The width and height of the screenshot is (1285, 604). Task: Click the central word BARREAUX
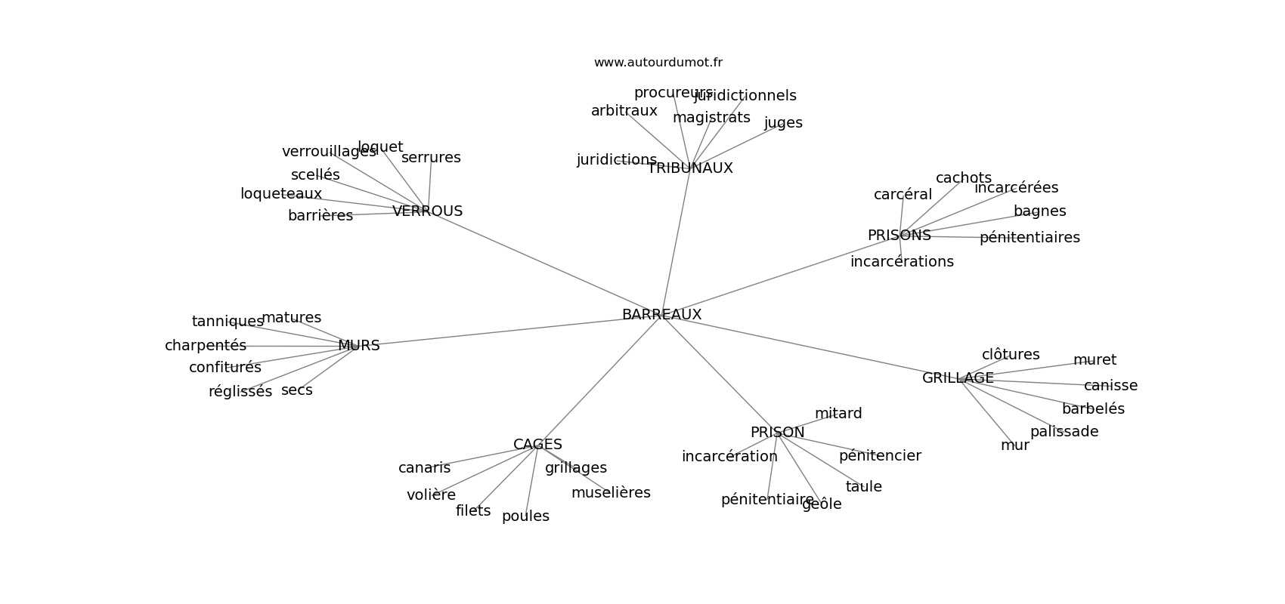click(x=661, y=314)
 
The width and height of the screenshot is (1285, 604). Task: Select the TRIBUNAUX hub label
click(x=689, y=168)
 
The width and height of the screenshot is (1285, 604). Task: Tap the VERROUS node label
click(x=427, y=211)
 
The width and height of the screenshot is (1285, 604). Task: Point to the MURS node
click(x=358, y=346)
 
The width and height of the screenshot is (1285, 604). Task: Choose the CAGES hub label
click(x=537, y=445)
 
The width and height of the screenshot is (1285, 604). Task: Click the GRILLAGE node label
click(x=958, y=378)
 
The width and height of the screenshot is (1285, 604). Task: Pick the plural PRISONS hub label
click(x=899, y=236)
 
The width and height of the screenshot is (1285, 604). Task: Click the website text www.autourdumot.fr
click(x=658, y=63)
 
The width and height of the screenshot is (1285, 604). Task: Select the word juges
click(x=783, y=123)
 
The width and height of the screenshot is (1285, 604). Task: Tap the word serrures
click(x=431, y=158)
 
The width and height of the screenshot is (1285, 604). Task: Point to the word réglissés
click(x=240, y=392)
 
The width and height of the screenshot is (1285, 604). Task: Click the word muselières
click(x=611, y=493)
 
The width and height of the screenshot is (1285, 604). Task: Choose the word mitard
click(x=838, y=414)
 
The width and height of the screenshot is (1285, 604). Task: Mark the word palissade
click(x=1064, y=432)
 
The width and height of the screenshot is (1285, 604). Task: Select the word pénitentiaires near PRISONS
click(x=1030, y=238)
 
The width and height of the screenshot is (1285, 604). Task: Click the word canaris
click(x=424, y=468)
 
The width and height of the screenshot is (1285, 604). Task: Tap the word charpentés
click(x=206, y=346)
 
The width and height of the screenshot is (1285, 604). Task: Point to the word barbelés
click(x=1093, y=409)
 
